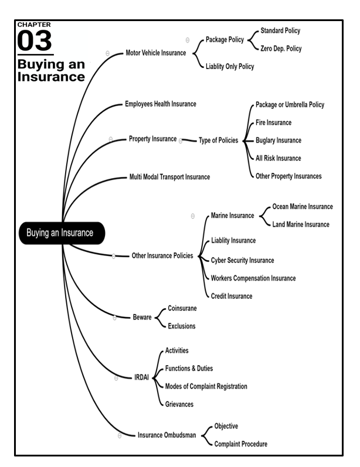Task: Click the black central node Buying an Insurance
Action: tap(60, 233)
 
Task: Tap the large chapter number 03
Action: tap(35, 42)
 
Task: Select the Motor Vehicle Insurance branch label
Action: tap(155, 53)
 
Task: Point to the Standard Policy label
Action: tap(280, 30)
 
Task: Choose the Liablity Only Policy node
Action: tap(230, 67)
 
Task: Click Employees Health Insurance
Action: tap(161, 104)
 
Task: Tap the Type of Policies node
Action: tap(218, 141)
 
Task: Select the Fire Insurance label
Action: tap(273, 122)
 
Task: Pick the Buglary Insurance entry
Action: tap(279, 141)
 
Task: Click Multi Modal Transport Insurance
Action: tap(169, 176)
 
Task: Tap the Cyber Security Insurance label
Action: tap(242, 260)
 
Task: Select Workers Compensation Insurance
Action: tap(253, 278)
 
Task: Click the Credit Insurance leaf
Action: tap(232, 296)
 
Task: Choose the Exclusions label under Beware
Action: tap(182, 326)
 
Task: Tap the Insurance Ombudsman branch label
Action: tap(167, 435)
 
